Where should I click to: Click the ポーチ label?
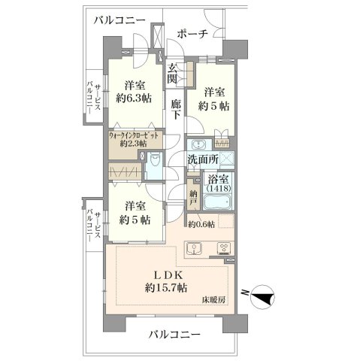pyautogui.click(x=192, y=35)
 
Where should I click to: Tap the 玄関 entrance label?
pyautogui.click(x=173, y=74)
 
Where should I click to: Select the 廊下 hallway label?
pyautogui.click(x=176, y=109)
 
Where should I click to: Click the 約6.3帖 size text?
pyautogui.click(x=134, y=98)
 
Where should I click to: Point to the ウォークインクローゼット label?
pyautogui.click(x=133, y=135)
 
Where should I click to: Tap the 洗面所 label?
pyautogui.click(x=203, y=159)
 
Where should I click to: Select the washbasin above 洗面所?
pyautogui.click(x=198, y=145)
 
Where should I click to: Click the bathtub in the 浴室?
pyautogui.click(x=217, y=202)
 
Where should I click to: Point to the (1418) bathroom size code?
pyautogui.click(x=218, y=188)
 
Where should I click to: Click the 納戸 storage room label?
pyautogui.click(x=193, y=198)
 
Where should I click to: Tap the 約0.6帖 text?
pyautogui.click(x=201, y=225)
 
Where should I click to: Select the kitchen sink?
pyautogui.click(x=194, y=249)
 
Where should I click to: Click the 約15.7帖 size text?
pyautogui.click(x=166, y=287)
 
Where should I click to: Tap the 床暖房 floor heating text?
pyautogui.click(x=213, y=300)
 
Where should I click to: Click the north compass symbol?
pyautogui.click(x=262, y=297)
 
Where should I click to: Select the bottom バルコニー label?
pyautogui.click(x=174, y=335)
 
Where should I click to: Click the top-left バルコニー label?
pyautogui.click(x=119, y=20)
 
